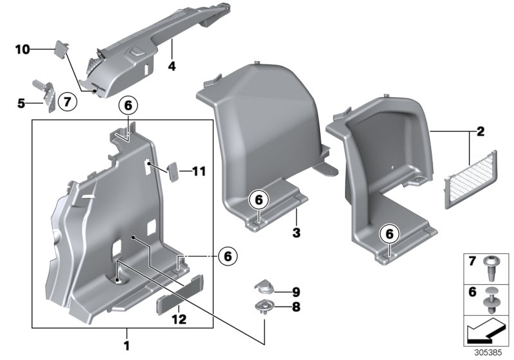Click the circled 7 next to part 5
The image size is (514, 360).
[66, 101]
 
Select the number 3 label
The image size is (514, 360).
[296, 230]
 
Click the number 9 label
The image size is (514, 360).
[296, 291]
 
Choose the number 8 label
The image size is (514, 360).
[296, 307]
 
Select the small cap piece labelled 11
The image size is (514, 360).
[173, 171]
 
